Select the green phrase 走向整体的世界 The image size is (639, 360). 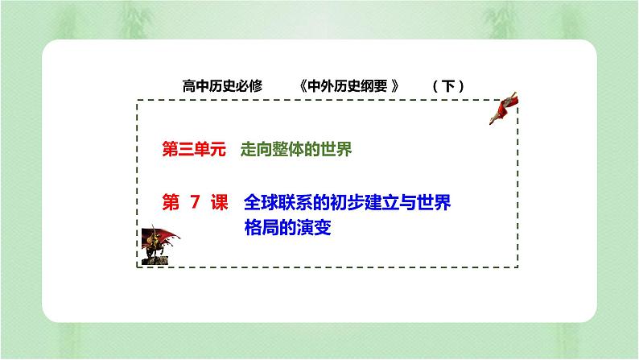pyautogui.click(x=295, y=150)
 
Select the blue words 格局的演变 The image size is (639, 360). pyautogui.click(x=287, y=228)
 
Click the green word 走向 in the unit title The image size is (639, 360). pyautogui.click(x=254, y=150)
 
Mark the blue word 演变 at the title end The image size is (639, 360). pyautogui.click(x=315, y=228)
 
